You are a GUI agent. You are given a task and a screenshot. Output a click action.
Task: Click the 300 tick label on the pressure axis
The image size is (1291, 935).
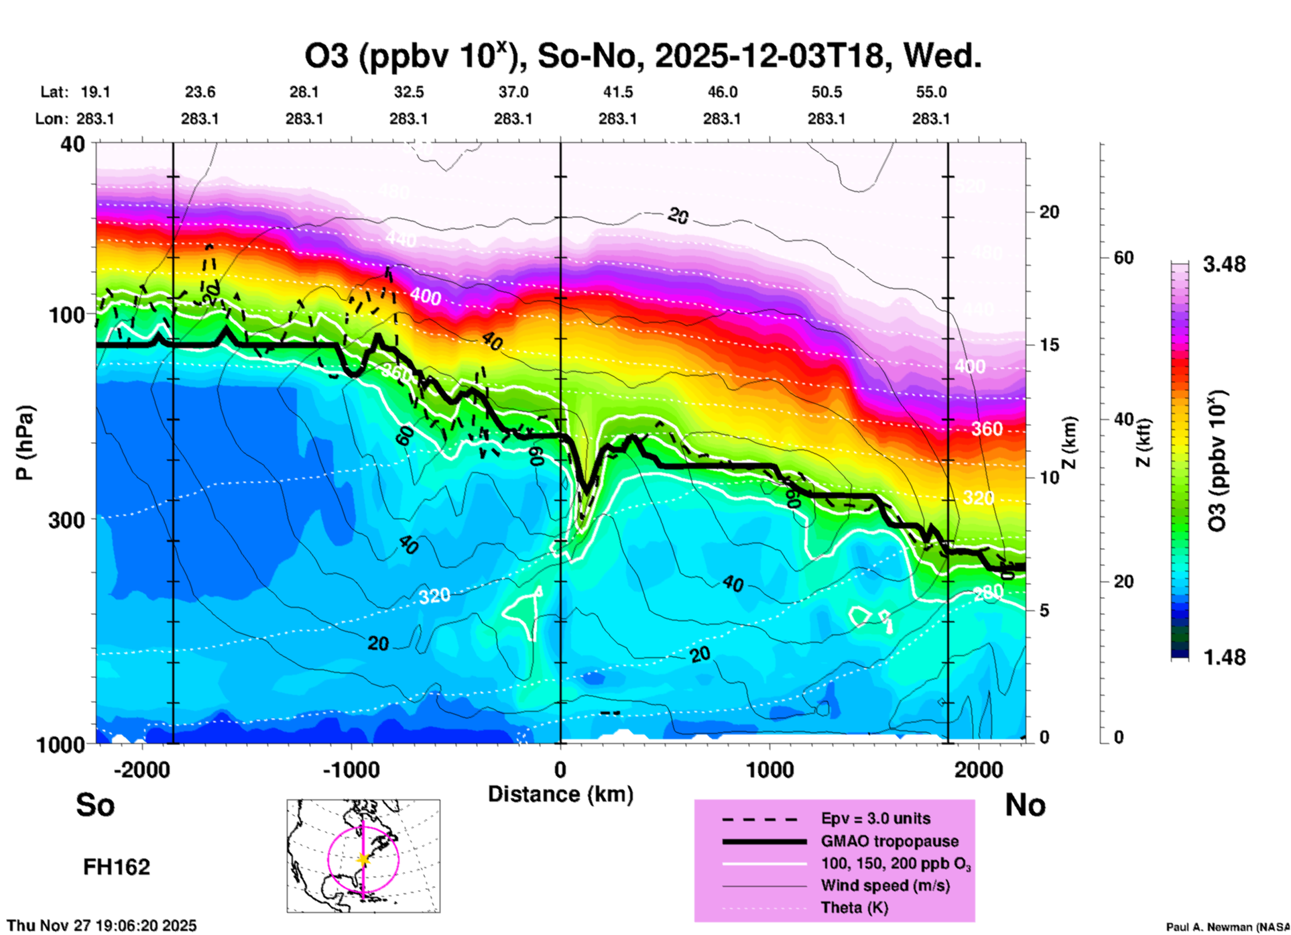point(66,520)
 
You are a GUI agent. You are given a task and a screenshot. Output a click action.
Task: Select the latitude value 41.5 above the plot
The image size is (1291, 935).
point(617,92)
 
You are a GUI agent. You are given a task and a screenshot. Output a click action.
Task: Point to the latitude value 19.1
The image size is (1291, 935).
point(95,92)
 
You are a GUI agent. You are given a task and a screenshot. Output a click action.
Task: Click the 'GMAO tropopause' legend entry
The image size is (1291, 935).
point(889,841)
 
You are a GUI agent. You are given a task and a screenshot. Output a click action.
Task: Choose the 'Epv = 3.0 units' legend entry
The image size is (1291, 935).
point(875,818)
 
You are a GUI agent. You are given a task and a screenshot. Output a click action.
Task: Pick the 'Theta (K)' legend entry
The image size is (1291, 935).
point(854,907)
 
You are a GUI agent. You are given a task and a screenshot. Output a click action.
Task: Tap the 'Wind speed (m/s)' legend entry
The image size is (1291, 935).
point(885,885)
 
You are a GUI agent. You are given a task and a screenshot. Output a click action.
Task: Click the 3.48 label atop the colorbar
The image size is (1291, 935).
point(1224,265)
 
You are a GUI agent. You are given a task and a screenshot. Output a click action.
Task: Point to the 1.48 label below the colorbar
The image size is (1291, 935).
point(1224,657)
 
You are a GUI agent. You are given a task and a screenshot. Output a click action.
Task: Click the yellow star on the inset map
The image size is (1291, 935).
point(363,859)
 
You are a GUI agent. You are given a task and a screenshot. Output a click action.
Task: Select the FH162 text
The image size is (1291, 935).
point(117,867)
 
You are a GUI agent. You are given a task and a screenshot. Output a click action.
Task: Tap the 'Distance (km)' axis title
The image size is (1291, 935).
point(560,794)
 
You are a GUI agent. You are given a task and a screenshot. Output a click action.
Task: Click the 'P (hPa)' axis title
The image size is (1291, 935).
point(25,443)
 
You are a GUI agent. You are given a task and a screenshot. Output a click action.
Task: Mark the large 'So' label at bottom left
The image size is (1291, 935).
point(95,805)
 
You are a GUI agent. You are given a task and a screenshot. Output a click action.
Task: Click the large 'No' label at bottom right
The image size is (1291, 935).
point(1025,805)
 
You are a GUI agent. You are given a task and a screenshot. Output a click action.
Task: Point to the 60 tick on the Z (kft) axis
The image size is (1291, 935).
point(1123,258)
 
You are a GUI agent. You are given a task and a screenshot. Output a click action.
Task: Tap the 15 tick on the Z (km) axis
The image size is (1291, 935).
point(1049,345)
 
